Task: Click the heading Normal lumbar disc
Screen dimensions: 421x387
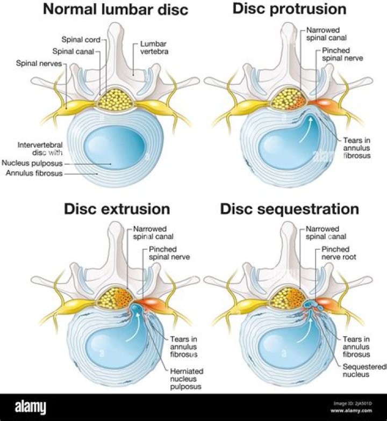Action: [x=115, y=9]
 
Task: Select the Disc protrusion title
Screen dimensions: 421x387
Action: [x=289, y=9]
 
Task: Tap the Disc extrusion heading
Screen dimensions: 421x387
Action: [x=117, y=209]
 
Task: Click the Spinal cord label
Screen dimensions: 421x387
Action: [x=81, y=39]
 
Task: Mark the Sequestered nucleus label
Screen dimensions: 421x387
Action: [x=364, y=370]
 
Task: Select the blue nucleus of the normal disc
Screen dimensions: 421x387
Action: [x=115, y=145]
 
